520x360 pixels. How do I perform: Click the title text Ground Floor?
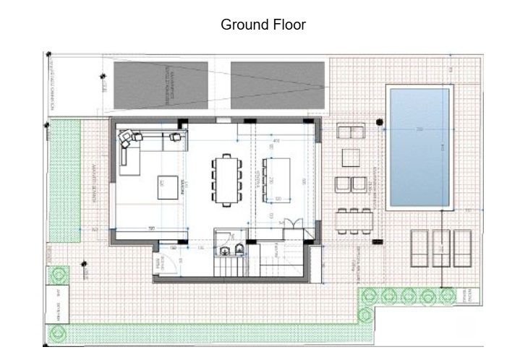coord(263,25)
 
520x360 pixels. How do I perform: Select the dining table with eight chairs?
coord(226,179)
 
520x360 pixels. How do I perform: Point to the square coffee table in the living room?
coord(166,187)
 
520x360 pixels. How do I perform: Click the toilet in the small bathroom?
coord(238,251)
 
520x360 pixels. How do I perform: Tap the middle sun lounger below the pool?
coord(440,248)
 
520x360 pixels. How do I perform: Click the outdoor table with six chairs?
coord(354,220)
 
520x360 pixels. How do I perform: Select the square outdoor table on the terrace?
coord(351,157)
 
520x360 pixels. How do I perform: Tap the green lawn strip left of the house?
coord(64,181)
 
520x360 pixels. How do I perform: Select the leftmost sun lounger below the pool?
coord(420,248)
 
